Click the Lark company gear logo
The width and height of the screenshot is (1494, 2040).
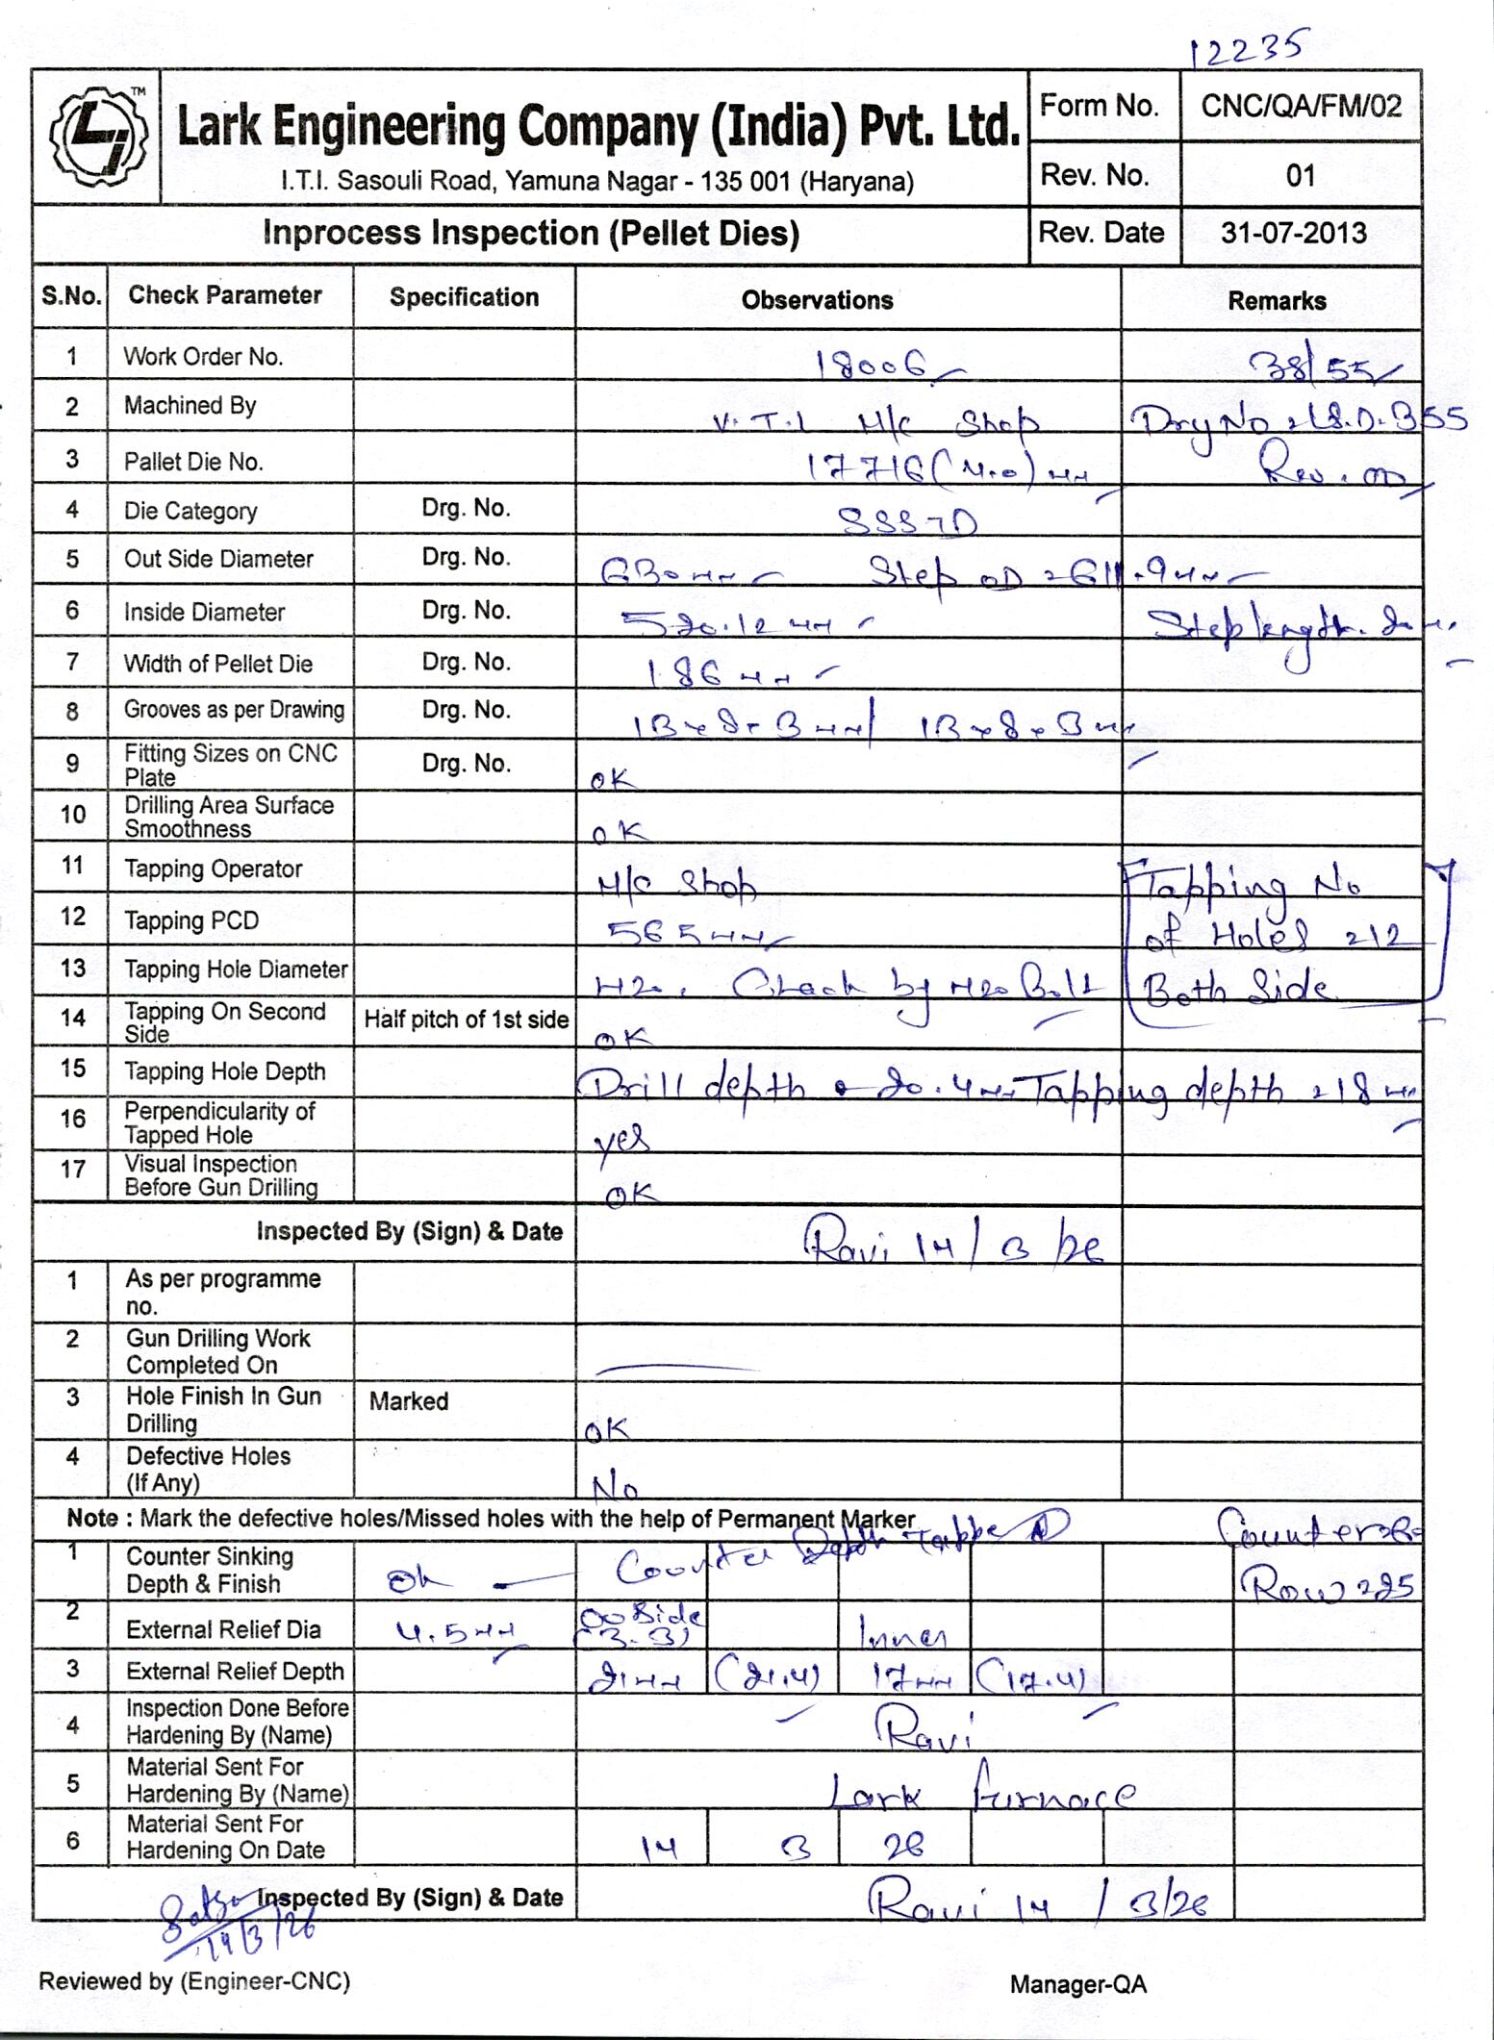click(x=98, y=138)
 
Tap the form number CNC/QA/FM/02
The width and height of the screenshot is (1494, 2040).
click(x=1301, y=106)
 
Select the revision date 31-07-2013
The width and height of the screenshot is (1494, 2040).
click(x=1294, y=233)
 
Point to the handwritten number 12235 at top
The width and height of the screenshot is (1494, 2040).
click(x=1246, y=48)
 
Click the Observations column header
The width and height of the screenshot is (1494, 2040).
click(x=817, y=300)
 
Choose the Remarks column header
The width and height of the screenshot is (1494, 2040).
click(x=1277, y=301)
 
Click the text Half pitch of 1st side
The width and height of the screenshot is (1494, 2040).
click(x=466, y=1020)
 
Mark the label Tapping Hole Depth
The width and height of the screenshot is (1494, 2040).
click(x=225, y=1071)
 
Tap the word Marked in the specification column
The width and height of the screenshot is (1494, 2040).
click(x=409, y=1400)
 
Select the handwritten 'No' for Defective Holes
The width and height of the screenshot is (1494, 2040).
click(x=616, y=1489)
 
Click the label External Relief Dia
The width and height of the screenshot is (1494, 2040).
click(x=223, y=1629)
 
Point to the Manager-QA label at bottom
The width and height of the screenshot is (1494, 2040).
click(x=1077, y=1984)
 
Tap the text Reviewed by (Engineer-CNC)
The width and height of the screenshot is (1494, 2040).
click(x=194, y=1980)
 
